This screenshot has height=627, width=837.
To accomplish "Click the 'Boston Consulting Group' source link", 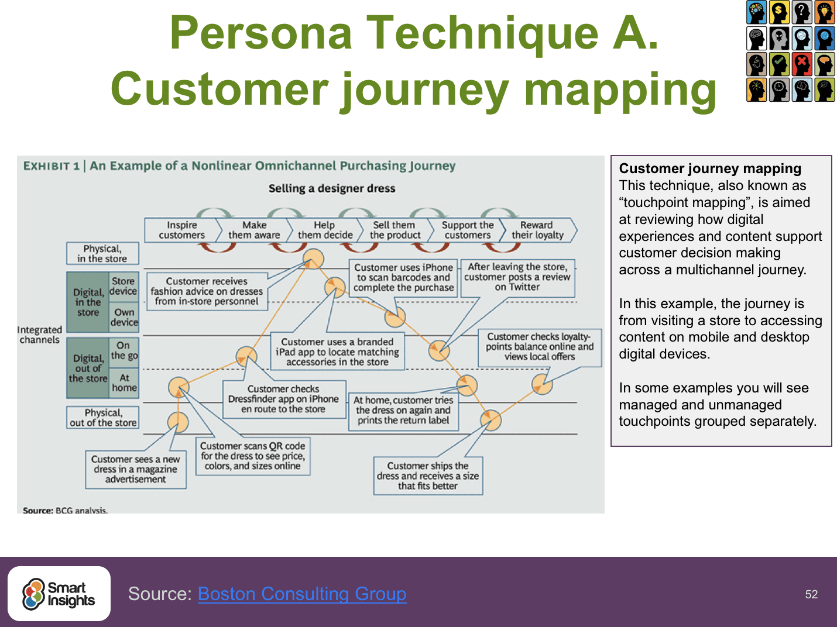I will (x=302, y=594).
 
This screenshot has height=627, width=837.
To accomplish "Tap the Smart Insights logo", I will (x=59, y=594).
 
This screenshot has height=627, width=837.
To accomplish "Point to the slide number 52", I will (x=811, y=594).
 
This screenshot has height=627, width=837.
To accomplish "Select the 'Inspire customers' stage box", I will (x=182, y=230).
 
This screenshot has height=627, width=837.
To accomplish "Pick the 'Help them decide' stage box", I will (x=325, y=230).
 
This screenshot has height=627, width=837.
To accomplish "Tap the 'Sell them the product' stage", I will (x=395, y=230).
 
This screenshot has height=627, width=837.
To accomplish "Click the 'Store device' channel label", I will (x=124, y=286).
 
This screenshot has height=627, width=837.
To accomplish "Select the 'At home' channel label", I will (x=124, y=383).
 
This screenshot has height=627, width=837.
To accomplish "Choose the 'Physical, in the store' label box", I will (x=102, y=254).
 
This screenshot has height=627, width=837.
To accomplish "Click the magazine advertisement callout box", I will (x=136, y=469).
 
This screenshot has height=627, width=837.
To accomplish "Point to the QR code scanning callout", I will (x=253, y=456).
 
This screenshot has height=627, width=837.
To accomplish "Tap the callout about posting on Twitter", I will (x=517, y=277).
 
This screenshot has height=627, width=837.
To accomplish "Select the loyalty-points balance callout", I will (x=540, y=347).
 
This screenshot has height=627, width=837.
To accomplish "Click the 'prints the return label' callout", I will (x=403, y=411).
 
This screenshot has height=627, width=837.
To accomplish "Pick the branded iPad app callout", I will (x=337, y=352).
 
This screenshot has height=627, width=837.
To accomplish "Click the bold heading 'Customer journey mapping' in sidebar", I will (x=710, y=168).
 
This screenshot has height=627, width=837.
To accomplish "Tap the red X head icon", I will (x=802, y=64).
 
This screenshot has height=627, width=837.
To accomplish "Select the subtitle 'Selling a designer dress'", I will (x=332, y=188).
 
